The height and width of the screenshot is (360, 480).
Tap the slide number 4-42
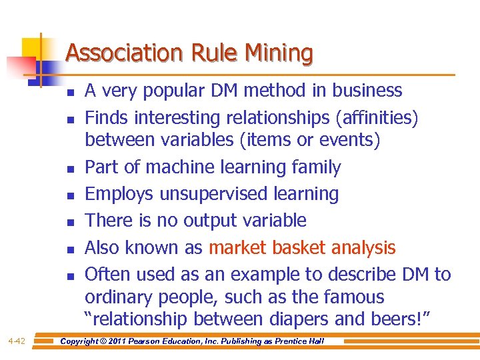[x=17, y=341]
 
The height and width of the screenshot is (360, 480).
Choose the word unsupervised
[x=214, y=194]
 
